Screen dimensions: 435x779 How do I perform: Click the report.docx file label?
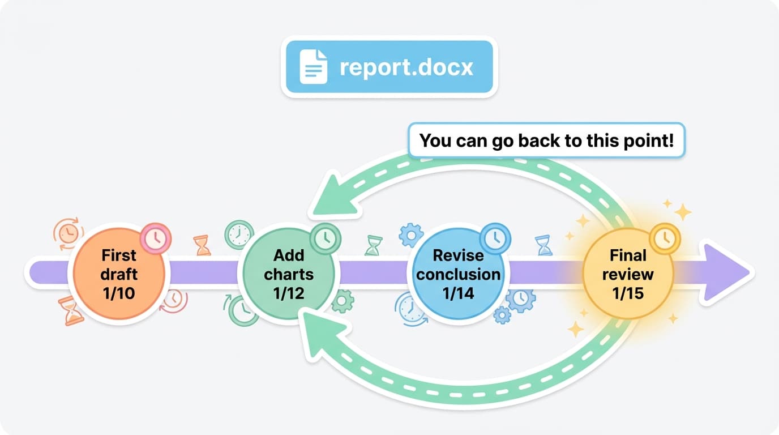(389, 67)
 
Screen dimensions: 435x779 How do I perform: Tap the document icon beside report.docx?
(313, 67)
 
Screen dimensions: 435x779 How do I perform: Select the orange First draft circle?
(119, 274)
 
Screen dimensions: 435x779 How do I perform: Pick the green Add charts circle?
(288, 274)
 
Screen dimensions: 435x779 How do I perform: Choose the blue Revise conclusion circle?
(457, 274)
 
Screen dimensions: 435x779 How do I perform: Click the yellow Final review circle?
(628, 274)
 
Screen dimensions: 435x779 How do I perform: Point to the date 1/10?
(119, 293)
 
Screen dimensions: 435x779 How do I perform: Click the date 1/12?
(288, 293)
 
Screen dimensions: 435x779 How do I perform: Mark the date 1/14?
(457, 293)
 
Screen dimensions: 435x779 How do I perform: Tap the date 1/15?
(628, 293)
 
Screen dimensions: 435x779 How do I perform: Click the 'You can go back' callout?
(546, 140)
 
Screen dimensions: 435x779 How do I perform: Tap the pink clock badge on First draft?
(155, 238)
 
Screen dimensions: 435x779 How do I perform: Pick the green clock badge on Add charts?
(325, 238)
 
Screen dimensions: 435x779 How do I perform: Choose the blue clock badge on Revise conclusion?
(495, 237)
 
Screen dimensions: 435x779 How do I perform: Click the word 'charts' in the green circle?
(288, 274)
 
